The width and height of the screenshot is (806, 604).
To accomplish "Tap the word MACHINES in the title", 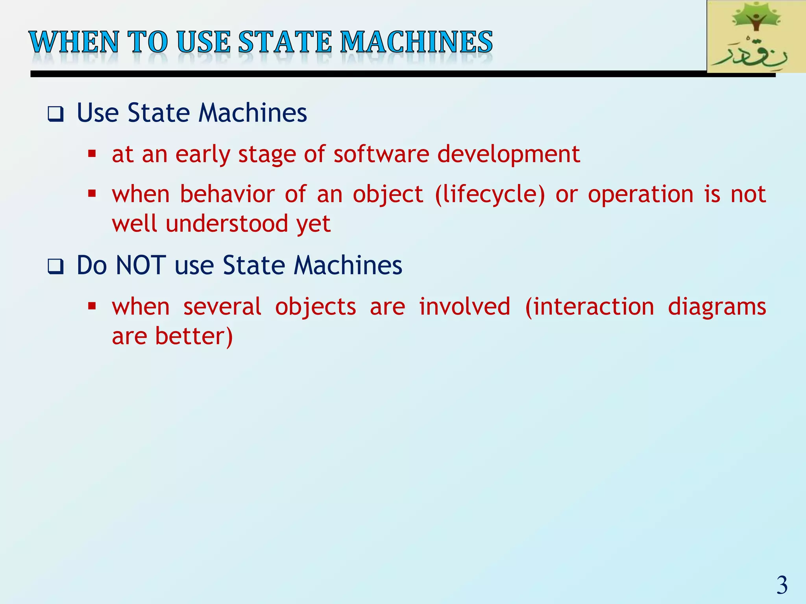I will point(416,42).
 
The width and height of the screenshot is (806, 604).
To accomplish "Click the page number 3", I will point(782,586).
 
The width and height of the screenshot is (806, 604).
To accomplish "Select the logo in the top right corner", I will point(756,37).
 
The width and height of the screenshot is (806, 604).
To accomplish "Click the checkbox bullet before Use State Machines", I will point(55,114).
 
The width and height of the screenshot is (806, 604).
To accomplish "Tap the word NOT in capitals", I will point(140,265).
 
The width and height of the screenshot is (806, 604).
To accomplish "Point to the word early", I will point(202,155).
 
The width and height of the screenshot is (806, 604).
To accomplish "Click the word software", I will point(381,154).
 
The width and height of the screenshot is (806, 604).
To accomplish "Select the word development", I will point(508,155).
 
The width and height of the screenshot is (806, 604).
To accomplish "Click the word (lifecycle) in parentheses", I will point(490,195).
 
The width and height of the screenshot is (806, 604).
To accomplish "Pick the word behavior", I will point(227,194).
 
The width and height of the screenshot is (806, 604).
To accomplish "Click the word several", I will point(222,307).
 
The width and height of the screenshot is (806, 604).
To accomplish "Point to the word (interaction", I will point(589,307).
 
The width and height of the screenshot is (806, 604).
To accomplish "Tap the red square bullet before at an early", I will point(92,154).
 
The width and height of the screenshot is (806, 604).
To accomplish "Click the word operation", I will point(640,195).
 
